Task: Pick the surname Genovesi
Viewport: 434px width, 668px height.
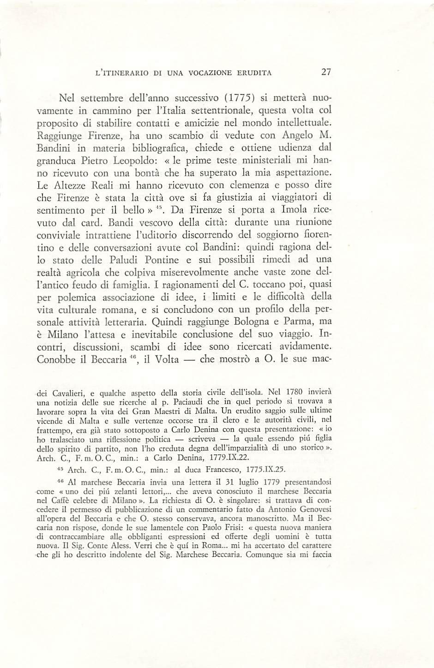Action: pos(313,511)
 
